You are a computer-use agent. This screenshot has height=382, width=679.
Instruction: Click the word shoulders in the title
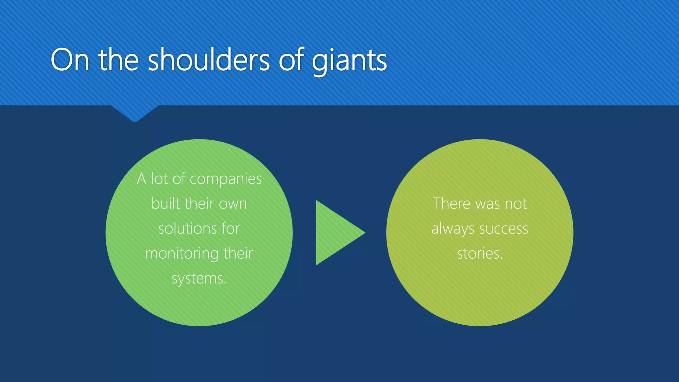pyautogui.click(x=209, y=60)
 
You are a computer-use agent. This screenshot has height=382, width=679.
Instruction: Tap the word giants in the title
pyautogui.click(x=349, y=61)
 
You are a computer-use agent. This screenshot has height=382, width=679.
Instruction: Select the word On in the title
pyautogui.click(x=70, y=60)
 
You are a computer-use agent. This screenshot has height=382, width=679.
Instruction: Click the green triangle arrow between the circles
pyautogui.click(x=337, y=233)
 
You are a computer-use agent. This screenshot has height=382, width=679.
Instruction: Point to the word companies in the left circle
pyautogui.click(x=225, y=179)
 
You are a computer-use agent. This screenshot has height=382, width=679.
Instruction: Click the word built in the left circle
pyautogui.click(x=166, y=203)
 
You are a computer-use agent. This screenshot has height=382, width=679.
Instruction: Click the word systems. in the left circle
pyautogui.click(x=199, y=279)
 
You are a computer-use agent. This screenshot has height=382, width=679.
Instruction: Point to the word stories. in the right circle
pyautogui.click(x=480, y=254)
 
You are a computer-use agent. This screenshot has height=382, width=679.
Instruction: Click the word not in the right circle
pyautogui.click(x=516, y=204)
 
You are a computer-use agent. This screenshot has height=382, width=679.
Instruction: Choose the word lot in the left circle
pyautogui.click(x=159, y=179)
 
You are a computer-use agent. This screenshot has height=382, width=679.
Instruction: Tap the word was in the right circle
pyautogui.click(x=487, y=204)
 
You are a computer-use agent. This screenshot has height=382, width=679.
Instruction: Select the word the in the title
pyautogui.click(x=118, y=60)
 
